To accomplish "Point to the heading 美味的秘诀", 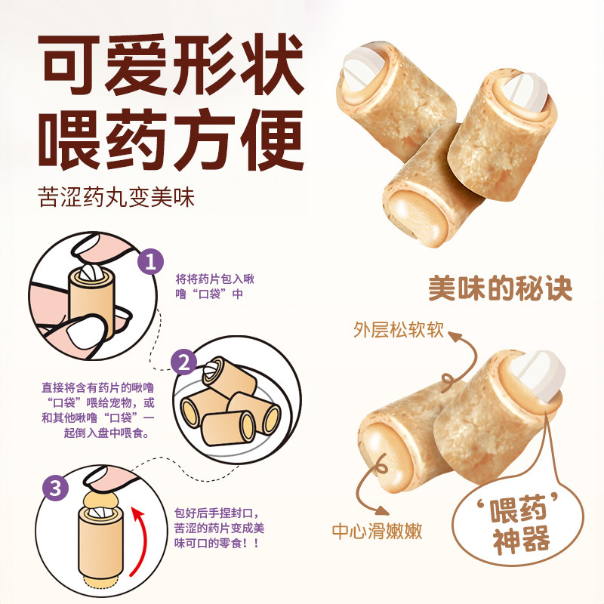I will [x=501, y=288].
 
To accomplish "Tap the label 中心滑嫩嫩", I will [x=377, y=531].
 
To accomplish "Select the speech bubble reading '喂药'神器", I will [x=519, y=526].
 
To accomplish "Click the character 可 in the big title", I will [x=74, y=60].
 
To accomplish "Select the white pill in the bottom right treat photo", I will [x=538, y=371].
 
